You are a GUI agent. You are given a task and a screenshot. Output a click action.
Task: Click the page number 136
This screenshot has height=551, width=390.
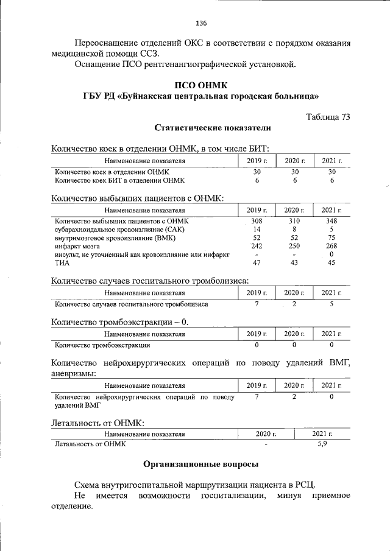(201, 23)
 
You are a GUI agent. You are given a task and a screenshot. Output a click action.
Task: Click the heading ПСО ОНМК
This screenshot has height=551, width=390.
(201, 85)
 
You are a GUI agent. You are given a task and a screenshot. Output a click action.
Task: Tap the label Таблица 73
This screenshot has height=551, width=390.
(328, 117)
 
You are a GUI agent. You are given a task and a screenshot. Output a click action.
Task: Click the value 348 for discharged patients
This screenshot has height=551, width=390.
(331, 220)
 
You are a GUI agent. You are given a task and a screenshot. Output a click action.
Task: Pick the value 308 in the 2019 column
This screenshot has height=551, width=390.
(257, 220)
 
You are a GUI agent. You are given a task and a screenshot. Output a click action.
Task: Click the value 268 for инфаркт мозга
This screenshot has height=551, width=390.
(331, 246)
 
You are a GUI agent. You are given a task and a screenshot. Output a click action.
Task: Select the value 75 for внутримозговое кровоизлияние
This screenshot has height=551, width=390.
(331, 237)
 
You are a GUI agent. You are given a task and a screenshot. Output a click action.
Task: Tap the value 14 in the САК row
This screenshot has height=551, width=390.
(257, 229)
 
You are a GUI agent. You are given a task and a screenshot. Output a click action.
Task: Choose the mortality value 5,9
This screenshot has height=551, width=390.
(323, 444)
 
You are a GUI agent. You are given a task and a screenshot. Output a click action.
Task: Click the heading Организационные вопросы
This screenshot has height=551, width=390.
(200, 465)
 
